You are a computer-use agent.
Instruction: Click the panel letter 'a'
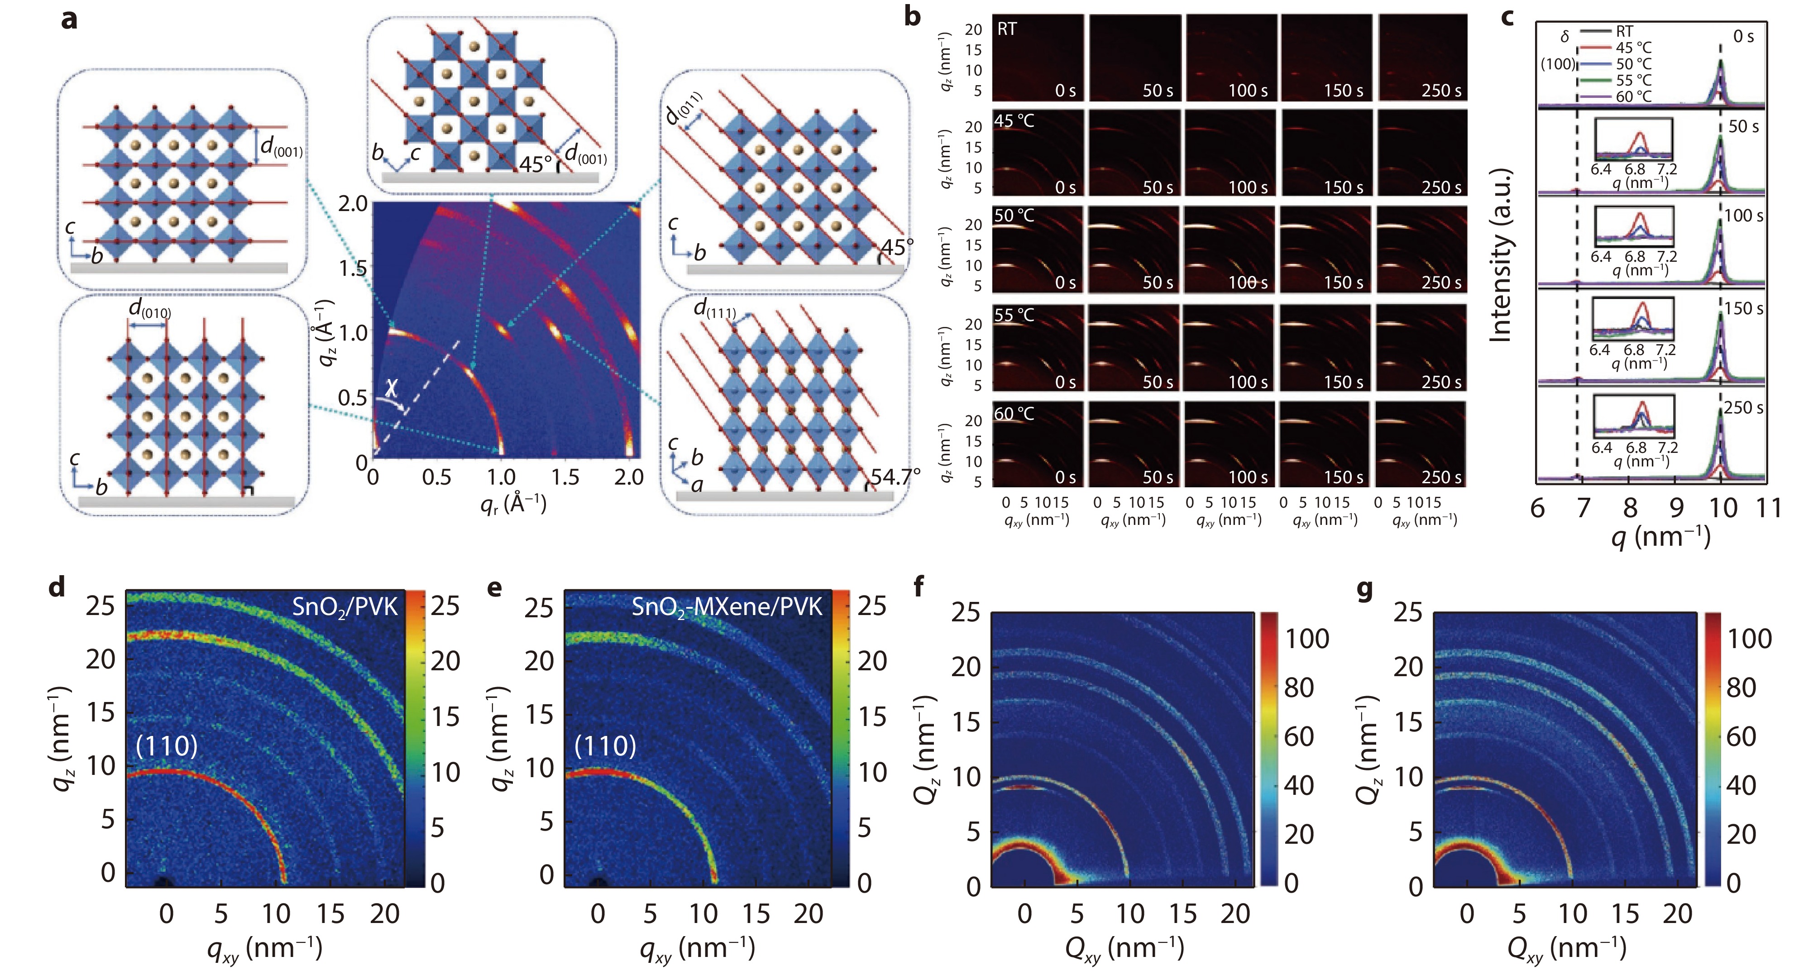(69, 19)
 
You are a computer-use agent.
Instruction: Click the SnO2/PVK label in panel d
(344, 606)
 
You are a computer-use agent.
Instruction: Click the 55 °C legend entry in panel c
(1633, 80)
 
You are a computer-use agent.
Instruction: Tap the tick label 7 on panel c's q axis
(1583, 509)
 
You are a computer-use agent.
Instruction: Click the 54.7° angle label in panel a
(895, 477)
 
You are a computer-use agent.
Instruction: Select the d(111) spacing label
(714, 308)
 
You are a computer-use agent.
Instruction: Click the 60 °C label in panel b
(1014, 414)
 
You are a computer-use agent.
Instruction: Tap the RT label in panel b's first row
(1007, 29)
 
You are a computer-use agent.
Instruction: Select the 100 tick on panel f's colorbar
(1306, 639)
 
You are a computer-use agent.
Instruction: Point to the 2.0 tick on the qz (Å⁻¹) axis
(353, 205)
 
